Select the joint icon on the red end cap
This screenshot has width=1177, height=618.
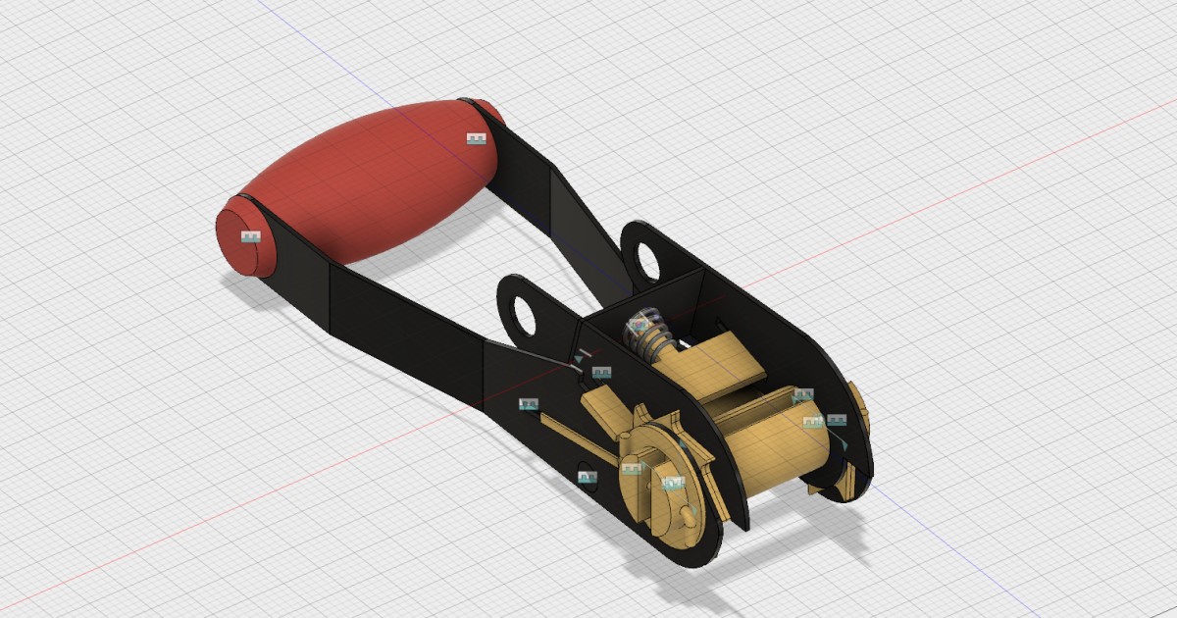click(x=251, y=236)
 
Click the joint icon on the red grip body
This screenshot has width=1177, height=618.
click(x=477, y=138)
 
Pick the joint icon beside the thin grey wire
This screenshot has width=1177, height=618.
click(x=601, y=373)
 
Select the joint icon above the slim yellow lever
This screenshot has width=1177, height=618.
click(x=529, y=403)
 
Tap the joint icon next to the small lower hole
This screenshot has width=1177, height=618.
click(x=588, y=477)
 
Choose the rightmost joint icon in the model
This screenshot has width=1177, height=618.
click(x=837, y=420)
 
